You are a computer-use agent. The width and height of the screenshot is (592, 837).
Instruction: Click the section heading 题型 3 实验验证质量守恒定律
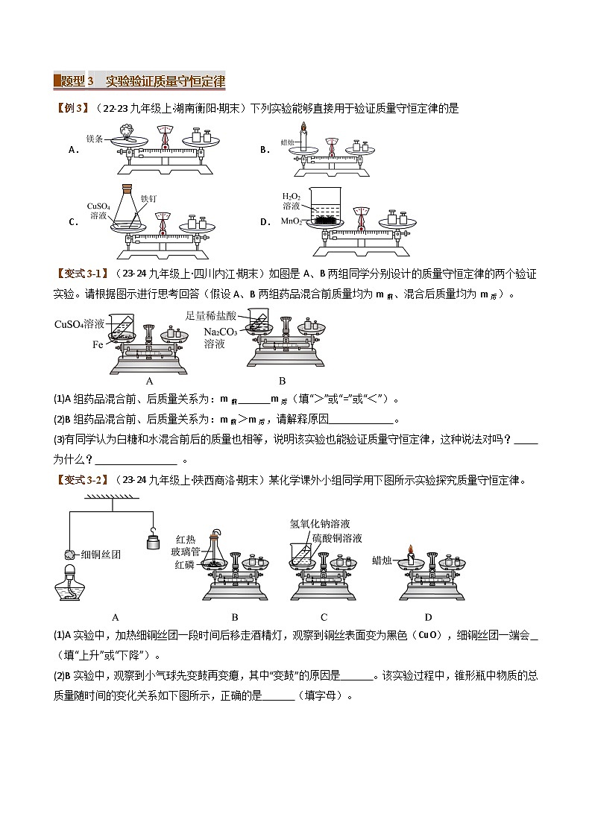(x=140, y=80)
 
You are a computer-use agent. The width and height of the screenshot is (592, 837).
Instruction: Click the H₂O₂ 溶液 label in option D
(x=292, y=200)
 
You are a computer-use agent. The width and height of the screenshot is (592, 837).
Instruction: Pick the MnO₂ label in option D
(x=291, y=221)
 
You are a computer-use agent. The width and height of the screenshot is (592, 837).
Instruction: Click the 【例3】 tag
(x=72, y=109)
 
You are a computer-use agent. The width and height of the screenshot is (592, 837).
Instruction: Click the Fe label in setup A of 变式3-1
(x=98, y=344)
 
